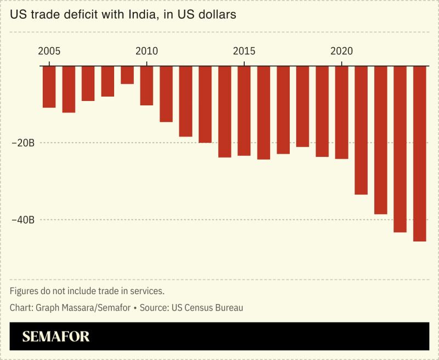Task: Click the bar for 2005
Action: click(49, 87)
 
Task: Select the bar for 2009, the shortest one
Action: click(127, 75)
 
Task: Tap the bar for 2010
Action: click(147, 86)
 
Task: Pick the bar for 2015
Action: click(244, 111)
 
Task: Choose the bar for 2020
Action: click(341, 113)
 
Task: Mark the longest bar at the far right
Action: click(420, 154)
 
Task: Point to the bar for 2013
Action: click(205, 104)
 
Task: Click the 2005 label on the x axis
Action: click(49, 51)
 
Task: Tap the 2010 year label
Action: click(147, 51)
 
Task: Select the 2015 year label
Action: click(244, 51)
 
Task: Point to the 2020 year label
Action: click(341, 51)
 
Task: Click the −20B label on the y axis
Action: click(22, 143)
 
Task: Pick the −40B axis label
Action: click(22, 220)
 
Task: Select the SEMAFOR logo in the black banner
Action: click(55, 336)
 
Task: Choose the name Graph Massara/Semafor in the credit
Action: click(82, 308)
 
